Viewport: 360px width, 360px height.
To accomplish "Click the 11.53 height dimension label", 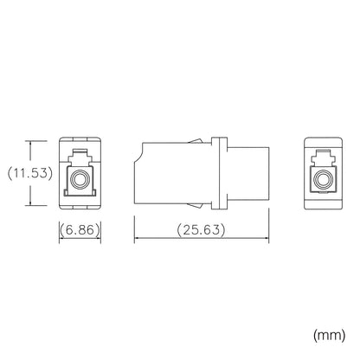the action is [x=30, y=173].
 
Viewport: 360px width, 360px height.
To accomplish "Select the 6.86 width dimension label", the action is [x=80, y=230].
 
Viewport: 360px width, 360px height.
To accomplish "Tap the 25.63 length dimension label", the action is [x=201, y=230].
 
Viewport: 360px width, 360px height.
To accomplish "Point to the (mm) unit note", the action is [x=329, y=335].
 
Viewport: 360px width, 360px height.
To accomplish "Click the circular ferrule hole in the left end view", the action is [x=80, y=180].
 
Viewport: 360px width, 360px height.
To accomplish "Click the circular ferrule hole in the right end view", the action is [x=323, y=179].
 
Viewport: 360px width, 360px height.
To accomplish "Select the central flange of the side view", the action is [x=219, y=173].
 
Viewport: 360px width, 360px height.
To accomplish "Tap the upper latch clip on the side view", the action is [x=195, y=140].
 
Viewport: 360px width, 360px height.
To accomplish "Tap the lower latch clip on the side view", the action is [x=195, y=205].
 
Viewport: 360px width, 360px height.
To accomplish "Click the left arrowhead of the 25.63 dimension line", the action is [x=137, y=238].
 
